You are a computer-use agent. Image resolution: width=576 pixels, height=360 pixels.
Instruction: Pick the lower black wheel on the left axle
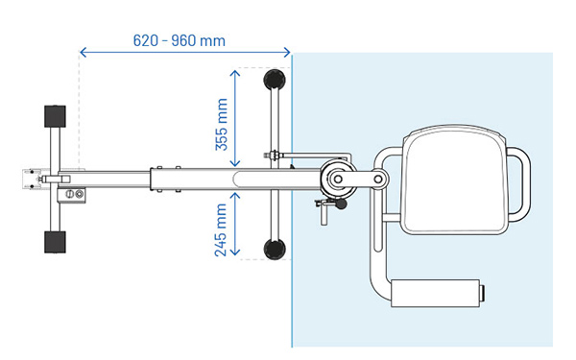pos(52,240)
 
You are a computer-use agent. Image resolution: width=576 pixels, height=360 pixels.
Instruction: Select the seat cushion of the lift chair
pos(453,182)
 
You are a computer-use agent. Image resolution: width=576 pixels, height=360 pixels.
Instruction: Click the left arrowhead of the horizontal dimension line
pos(84,52)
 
